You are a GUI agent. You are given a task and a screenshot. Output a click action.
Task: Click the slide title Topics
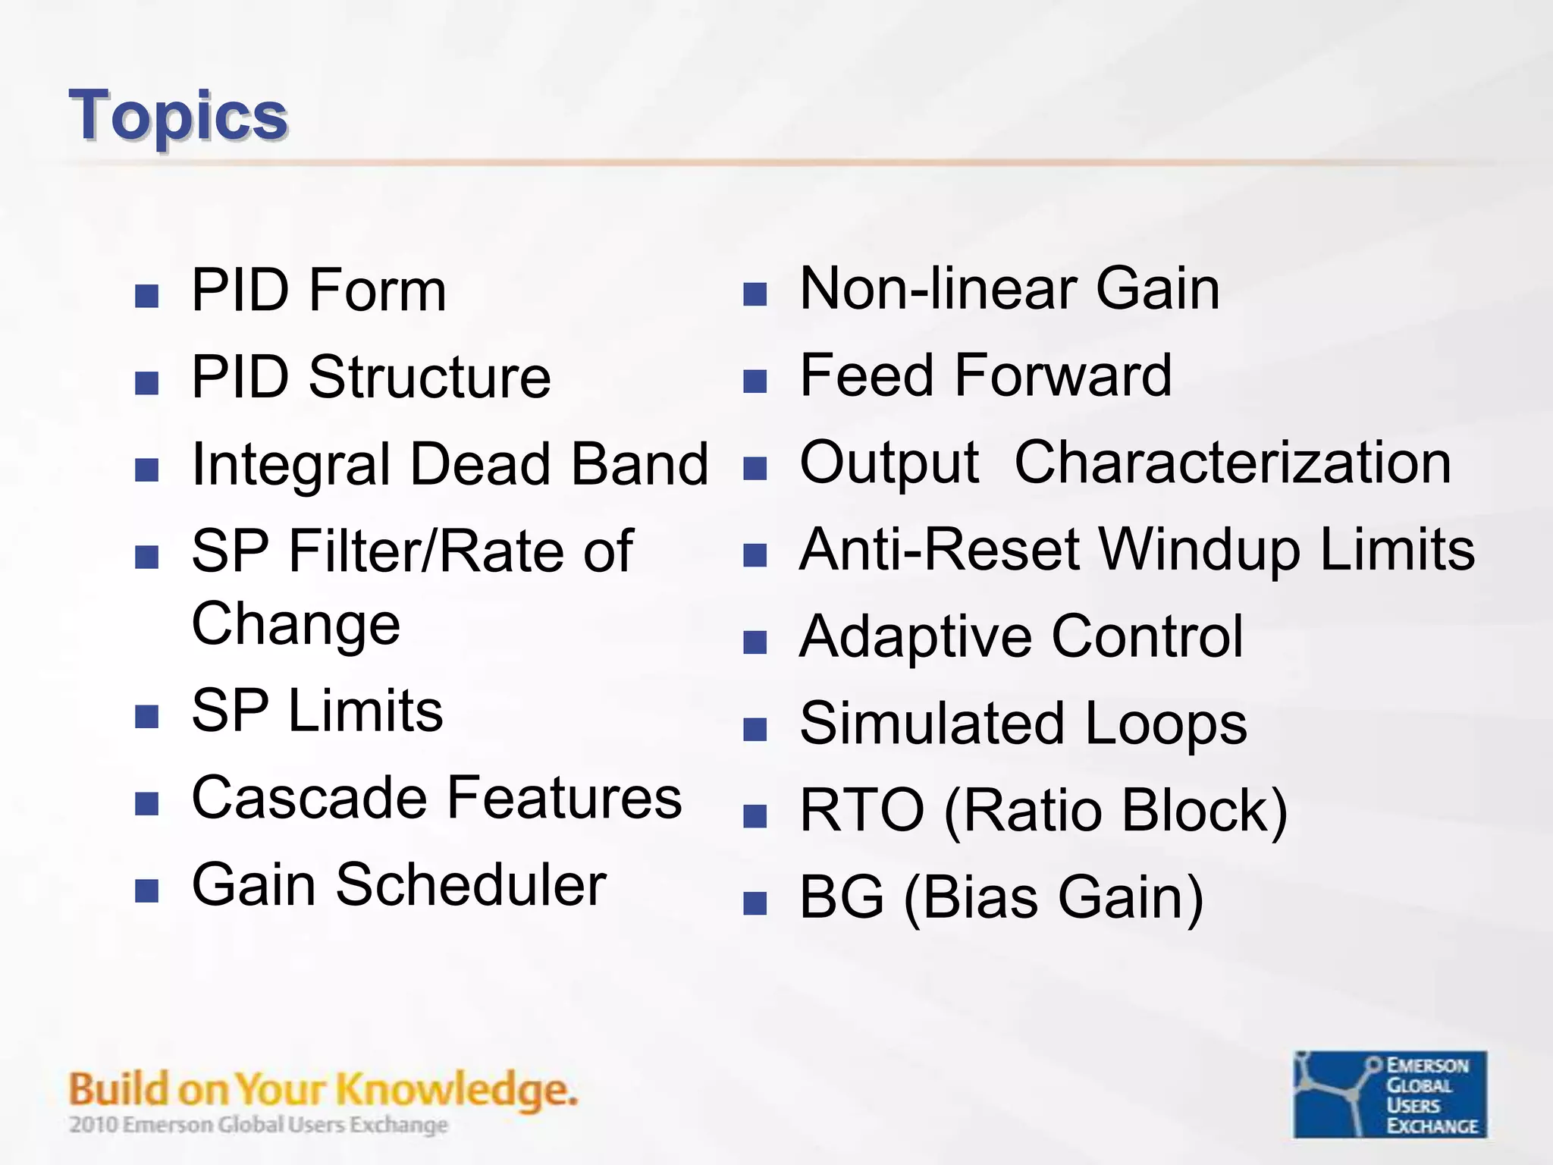pyautogui.click(x=178, y=116)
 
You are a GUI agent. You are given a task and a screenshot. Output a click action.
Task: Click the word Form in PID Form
pyautogui.click(x=377, y=290)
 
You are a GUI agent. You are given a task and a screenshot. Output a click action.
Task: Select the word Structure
pyautogui.click(x=429, y=377)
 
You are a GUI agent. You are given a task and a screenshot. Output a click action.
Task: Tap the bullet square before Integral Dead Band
pyautogui.click(x=146, y=469)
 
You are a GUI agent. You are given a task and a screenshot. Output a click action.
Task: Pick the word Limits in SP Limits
pyautogui.click(x=366, y=711)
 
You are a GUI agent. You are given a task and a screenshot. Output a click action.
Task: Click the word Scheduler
pyautogui.click(x=471, y=885)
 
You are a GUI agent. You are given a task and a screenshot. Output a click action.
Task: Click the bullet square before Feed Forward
pyautogui.click(x=755, y=382)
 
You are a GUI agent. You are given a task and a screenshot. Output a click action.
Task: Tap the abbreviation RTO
pyautogui.click(x=862, y=811)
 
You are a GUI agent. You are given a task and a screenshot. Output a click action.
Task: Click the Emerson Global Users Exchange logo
pyautogui.click(x=1389, y=1094)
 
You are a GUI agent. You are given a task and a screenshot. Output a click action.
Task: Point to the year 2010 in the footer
pyautogui.click(x=94, y=1125)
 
